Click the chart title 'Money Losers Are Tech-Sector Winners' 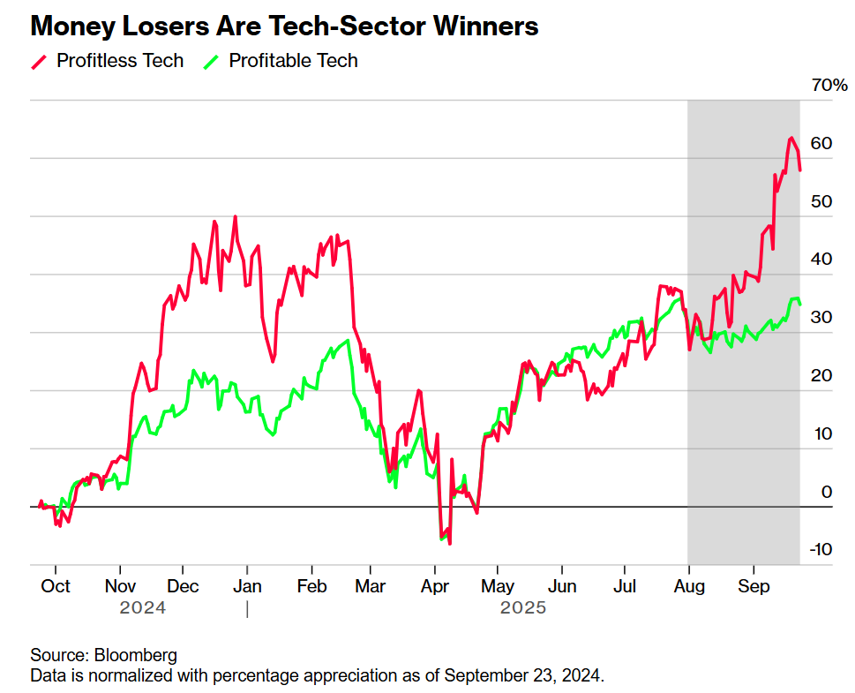pyautogui.click(x=284, y=26)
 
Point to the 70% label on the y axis pyautogui.click(x=829, y=86)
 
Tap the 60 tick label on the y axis pyautogui.click(x=821, y=144)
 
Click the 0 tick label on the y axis pyautogui.click(x=827, y=492)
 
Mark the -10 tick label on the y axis pyautogui.click(x=821, y=549)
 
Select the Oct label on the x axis pyautogui.click(x=56, y=586)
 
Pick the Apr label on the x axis pyautogui.click(x=435, y=586)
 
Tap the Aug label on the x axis pyautogui.click(x=688, y=586)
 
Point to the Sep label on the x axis pyautogui.click(x=753, y=586)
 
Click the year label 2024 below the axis pyautogui.click(x=142, y=608)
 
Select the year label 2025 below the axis pyautogui.click(x=523, y=608)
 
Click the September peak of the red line pyautogui.click(x=791, y=139)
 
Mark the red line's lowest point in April pyautogui.click(x=450, y=543)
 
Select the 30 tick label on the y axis pyautogui.click(x=821, y=318)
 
